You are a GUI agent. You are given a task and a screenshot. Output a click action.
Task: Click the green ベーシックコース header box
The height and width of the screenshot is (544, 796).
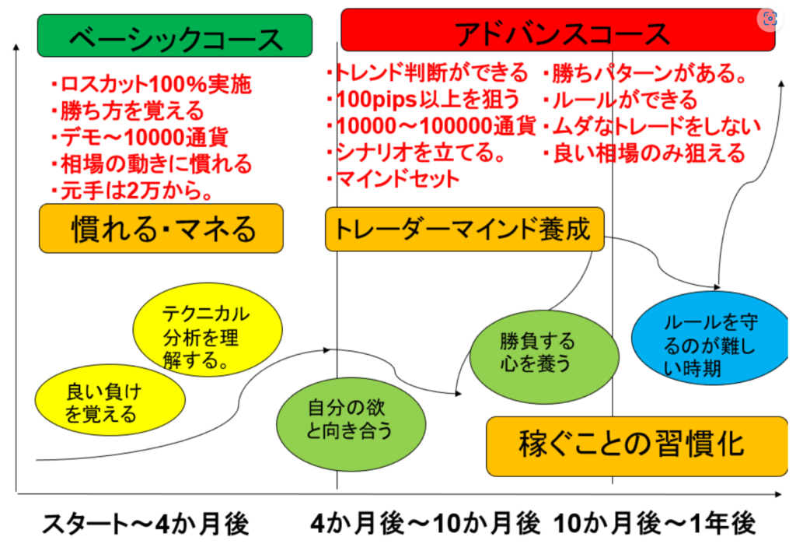click(x=175, y=36)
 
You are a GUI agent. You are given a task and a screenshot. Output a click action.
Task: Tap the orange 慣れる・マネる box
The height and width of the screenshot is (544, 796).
click(x=161, y=228)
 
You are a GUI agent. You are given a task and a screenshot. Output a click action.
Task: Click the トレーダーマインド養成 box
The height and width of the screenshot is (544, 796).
click(x=464, y=229)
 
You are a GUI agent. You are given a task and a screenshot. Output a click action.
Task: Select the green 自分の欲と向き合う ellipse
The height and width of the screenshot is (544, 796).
click(x=352, y=418)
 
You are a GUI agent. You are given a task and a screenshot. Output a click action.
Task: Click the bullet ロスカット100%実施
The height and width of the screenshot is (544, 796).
click(x=151, y=84)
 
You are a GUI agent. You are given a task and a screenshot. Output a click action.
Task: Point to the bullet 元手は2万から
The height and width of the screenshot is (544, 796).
click(x=132, y=190)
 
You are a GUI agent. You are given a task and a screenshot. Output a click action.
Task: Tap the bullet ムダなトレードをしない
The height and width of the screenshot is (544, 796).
click(x=652, y=125)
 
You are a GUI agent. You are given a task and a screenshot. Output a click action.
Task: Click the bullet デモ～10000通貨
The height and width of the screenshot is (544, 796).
click(x=140, y=138)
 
